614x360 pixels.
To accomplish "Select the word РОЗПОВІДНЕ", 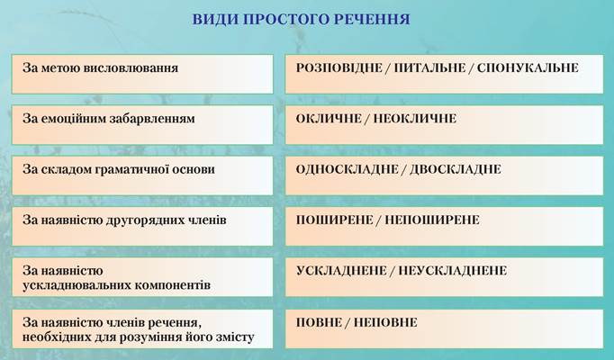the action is pyautogui.click(x=339, y=68).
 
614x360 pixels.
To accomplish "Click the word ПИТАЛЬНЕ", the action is pyautogui.click(x=429, y=68).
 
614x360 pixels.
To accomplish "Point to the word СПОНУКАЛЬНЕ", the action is pyautogui.click(x=528, y=68).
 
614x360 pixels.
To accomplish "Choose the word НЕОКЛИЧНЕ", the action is pyautogui.click(x=415, y=119).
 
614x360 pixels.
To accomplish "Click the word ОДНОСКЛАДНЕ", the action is pyautogui.click(x=347, y=169).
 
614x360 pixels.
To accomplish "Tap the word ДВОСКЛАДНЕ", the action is pyautogui.click(x=456, y=169).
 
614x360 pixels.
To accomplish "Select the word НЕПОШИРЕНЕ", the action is pyautogui.click(x=432, y=220).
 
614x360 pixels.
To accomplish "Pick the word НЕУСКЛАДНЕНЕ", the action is pyautogui.click(x=453, y=271).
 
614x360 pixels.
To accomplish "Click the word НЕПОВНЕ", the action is pyautogui.click(x=385, y=322).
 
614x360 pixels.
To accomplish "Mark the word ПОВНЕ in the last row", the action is pyautogui.click(x=319, y=322).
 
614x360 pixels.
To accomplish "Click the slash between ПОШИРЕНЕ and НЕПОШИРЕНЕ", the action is pyautogui.click(x=379, y=220).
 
